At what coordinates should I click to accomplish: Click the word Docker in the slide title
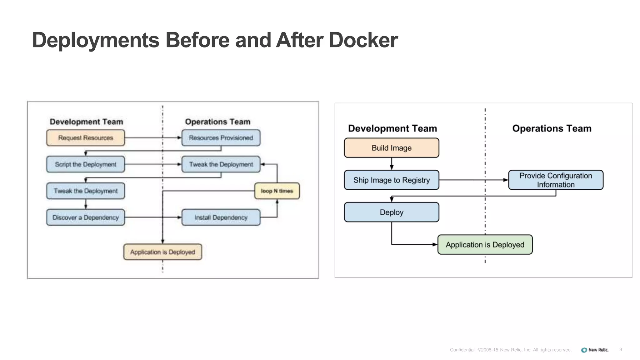pyautogui.click(x=363, y=40)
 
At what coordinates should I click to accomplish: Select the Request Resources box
pyautogui.click(x=85, y=138)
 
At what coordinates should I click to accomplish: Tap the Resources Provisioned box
pyautogui.click(x=221, y=138)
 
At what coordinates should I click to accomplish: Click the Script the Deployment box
pyautogui.click(x=85, y=164)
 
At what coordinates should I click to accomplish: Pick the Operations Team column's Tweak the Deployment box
pyautogui.click(x=221, y=164)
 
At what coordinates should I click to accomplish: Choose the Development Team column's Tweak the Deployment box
pyautogui.click(x=85, y=191)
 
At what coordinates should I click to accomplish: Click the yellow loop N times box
pyautogui.click(x=277, y=191)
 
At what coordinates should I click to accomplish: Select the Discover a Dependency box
pyautogui.click(x=85, y=217)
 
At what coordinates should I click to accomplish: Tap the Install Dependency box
pyautogui.click(x=221, y=217)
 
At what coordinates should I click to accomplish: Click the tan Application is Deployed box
pyautogui.click(x=162, y=252)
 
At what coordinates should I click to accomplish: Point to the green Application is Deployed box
pyautogui.click(x=485, y=245)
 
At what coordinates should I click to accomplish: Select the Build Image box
pyautogui.click(x=391, y=148)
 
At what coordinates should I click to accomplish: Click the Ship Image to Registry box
pyautogui.click(x=391, y=180)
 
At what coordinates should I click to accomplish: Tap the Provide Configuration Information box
pyautogui.click(x=555, y=180)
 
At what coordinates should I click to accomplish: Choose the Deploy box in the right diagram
pyautogui.click(x=391, y=212)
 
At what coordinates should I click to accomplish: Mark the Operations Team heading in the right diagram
pyautogui.click(x=552, y=128)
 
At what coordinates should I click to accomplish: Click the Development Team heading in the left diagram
pyautogui.click(x=86, y=122)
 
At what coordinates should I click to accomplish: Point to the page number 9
pyautogui.click(x=621, y=350)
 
